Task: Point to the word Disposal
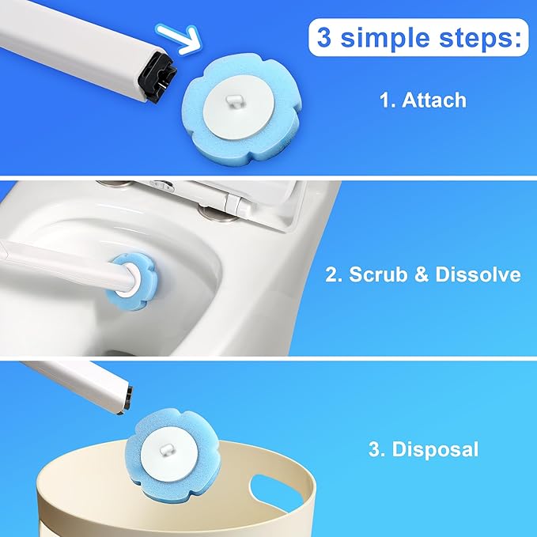click(435, 450)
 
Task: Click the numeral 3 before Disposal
click(375, 450)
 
